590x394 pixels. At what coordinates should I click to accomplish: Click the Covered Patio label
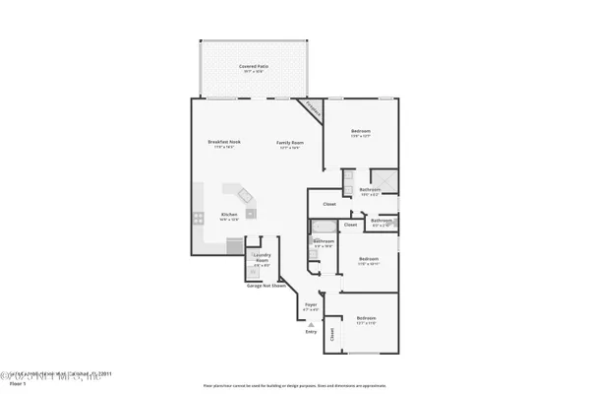coord(254,67)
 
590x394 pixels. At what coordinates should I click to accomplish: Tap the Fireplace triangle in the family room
coord(313,108)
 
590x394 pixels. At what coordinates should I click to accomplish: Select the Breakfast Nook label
coord(219,143)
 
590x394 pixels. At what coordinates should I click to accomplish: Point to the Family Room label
coord(289,143)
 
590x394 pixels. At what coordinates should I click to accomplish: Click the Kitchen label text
coord(228,215)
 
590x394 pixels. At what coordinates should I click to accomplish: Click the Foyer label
coord(311,305)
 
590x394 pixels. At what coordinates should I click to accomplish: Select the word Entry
coord(312,332)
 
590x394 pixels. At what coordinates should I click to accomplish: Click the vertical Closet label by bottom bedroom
coord(332,334)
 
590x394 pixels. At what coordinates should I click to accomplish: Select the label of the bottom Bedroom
coord(366,318)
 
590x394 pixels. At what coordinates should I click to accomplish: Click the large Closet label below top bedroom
coord(328,204)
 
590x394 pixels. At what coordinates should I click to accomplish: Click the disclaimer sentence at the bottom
coord(295,385)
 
